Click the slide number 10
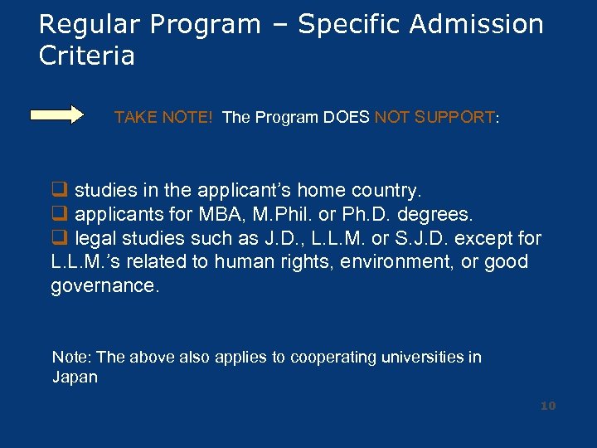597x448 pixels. pyautogui.click(x=547, y=406)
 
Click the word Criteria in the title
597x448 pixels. pyautogui.click(x=86, y=56)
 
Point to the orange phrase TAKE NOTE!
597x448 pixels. pyautogui.click(x=163, y=117)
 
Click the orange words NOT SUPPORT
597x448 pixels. pyautogui.click(x=434, y=117)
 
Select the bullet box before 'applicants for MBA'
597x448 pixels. pyautogui.click(x=59, y=215)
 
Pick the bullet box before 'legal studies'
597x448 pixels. pyautogui.click(x=59, y=239)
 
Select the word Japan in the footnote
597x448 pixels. pyautogui.click(x=75, y=377)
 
